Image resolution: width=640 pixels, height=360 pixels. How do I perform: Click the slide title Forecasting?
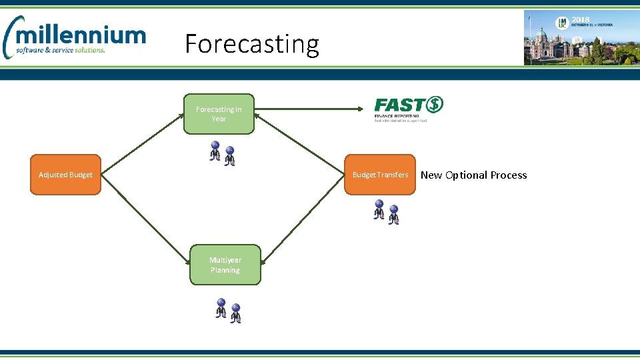tap(252, 44)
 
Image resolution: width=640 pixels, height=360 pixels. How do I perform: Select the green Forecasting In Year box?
tap(219, 114)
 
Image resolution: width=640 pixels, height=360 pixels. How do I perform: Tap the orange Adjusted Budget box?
tap(65, 175)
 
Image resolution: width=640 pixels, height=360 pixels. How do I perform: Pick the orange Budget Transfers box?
tap(379, 175)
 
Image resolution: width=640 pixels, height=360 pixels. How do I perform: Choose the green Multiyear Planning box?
tap(225, 265)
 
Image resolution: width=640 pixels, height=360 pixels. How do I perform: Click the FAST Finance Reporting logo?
tap(408, 109)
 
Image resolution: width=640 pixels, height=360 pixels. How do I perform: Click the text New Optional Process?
tap(473, 175)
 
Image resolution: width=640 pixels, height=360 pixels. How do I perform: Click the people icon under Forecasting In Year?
tap(222, 153)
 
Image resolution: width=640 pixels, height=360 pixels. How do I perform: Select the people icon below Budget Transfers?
tap(386, 212)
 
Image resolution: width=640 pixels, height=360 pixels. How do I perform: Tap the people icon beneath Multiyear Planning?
tap(227, 311)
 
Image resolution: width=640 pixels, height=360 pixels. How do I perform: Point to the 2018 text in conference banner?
tap(581, 20)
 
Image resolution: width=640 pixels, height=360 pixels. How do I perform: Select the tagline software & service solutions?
tap(62, 50)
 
